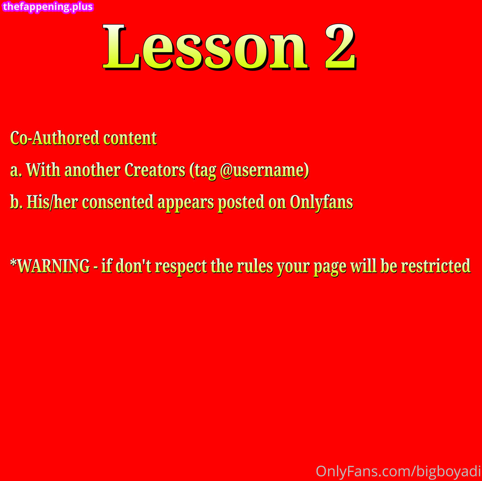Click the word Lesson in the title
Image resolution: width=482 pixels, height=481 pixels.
(x=205, y=47)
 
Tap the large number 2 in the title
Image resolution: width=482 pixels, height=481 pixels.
(x=341, y=47)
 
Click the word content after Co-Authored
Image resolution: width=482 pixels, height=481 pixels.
(x=130, y=138)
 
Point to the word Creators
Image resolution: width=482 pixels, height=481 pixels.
(x=154, y=170)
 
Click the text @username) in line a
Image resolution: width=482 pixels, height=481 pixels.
(x=265, y=171)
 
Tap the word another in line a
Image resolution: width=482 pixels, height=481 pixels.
(x=92, y=170)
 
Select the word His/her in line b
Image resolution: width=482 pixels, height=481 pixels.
(x=52, y=202)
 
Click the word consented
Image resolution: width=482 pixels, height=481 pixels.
(x=118, y=202)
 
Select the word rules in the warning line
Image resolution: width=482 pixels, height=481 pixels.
(x=255, y=266)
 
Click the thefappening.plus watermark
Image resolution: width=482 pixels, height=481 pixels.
(x=48, y=6)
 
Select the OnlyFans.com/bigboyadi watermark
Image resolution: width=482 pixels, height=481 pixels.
(x=399, y=472)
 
